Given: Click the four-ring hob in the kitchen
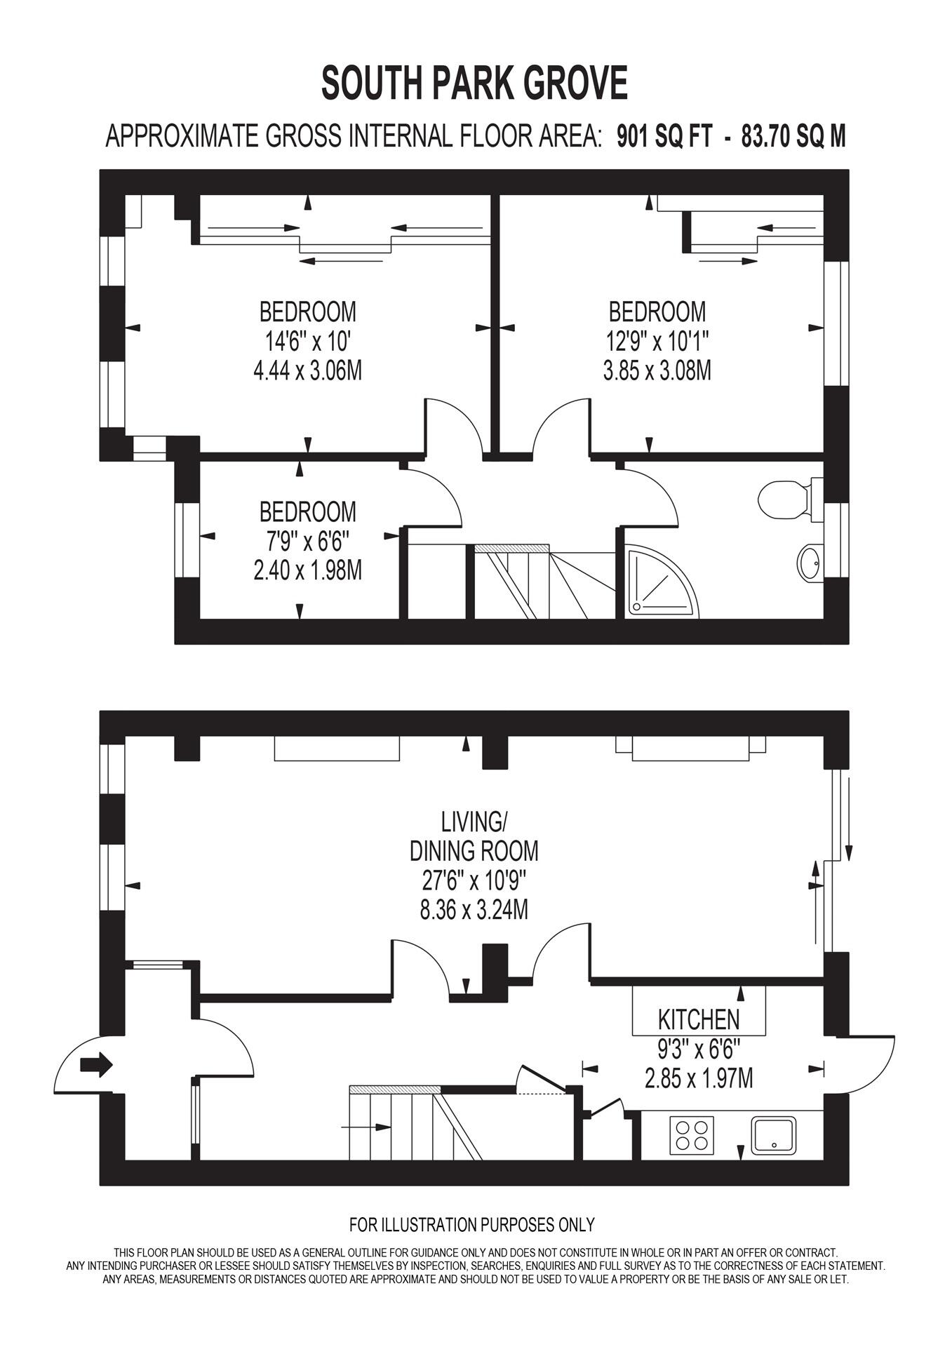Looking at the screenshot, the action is coord(691,1135).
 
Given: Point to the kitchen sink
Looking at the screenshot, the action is coord(774,1135).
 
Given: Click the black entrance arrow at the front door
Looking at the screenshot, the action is coord(96,1064).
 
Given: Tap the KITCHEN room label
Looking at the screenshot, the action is coord(699,1018).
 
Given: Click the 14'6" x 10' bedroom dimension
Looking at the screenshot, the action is coord(307,342).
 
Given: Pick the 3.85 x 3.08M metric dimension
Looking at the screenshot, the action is coord(657,370).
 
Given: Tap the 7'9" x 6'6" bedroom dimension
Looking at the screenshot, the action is coord(307,542).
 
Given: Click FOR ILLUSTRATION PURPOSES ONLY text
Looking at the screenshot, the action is coord(472,1225).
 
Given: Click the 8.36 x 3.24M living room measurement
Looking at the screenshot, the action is coord(474,910).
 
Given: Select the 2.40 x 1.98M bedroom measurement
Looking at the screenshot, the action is coord(307,570).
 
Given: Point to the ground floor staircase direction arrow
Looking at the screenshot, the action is coord(366,1127).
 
